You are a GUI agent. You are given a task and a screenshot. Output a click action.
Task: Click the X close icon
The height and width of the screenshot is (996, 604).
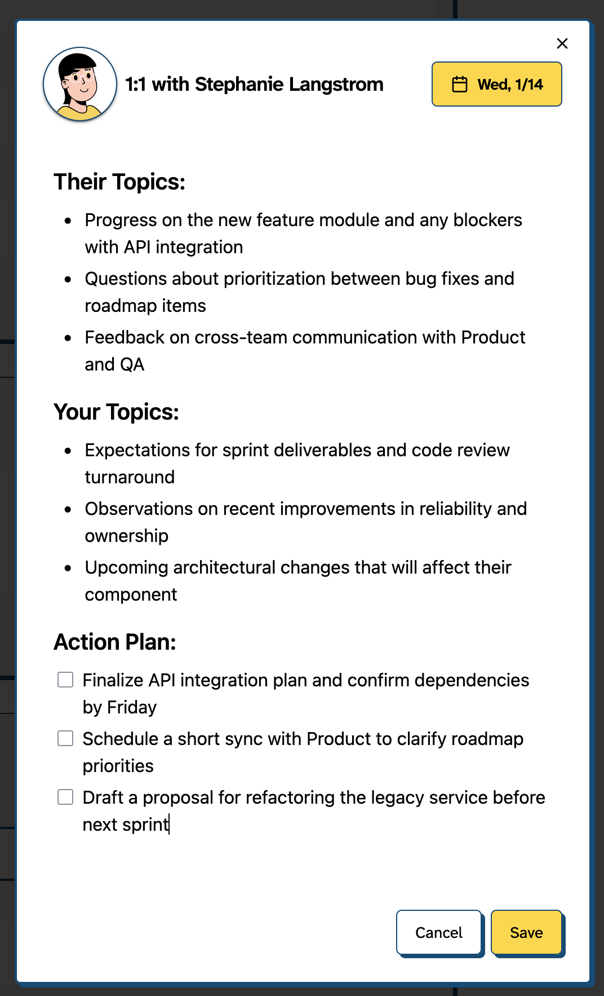point(562,43)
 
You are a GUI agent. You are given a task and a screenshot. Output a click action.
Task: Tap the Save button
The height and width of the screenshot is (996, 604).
point(526,932)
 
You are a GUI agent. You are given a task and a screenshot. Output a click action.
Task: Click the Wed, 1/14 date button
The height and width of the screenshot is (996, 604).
point(496,84)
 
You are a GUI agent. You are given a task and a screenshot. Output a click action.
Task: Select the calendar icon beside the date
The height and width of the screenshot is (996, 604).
point(460,84)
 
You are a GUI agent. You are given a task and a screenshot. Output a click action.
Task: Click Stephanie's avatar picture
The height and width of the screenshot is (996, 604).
point(80,84)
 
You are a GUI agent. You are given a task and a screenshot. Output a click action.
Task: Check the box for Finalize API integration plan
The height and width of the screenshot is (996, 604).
point(65,680)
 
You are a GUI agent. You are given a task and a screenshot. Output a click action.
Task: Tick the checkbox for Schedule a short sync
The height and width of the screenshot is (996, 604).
point(65,738)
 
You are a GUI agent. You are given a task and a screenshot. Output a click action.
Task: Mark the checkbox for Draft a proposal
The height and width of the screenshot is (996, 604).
point(65,797)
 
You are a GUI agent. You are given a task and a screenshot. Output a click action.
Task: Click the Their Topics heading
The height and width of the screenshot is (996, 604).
point(119,182)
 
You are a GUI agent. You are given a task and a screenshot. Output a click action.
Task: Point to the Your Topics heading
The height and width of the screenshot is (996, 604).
point(116,412)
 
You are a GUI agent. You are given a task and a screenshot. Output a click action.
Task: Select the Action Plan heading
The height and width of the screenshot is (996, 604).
point(115,642)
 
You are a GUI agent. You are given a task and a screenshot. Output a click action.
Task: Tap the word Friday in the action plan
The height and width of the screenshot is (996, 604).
point(132,707)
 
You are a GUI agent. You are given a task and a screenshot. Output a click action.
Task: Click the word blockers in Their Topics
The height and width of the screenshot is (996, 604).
point(487,220)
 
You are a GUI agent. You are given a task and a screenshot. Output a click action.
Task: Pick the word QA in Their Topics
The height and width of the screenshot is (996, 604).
point(132,364)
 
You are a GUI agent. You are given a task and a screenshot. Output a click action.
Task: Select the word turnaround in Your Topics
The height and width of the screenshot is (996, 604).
point(130,477)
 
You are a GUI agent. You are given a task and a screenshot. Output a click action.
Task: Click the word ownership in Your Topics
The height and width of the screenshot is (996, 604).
point(127,536)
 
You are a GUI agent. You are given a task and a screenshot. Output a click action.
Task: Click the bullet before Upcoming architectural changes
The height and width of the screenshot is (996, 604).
point(68,568)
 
